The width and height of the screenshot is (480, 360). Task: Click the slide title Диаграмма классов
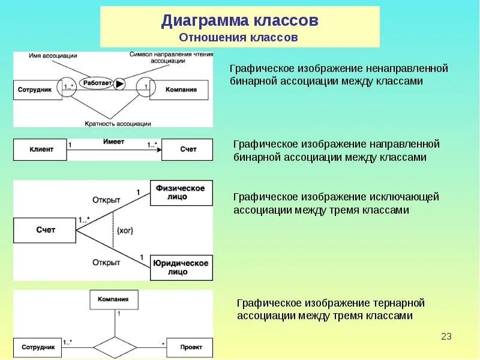(239, 22)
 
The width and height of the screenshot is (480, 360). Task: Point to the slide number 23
(446, 336)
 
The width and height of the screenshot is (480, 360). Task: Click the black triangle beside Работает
(119, 84)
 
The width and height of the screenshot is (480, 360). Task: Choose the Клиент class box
(40, 149)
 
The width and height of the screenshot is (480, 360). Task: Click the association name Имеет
(113, 141)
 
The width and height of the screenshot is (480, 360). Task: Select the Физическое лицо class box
(180, 193)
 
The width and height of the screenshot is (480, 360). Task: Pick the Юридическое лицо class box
(180, 267)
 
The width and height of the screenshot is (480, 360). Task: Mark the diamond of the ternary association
(115, 347)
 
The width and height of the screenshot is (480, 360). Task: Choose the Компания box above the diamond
(113, 299)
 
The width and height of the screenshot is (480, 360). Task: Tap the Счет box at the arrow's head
(187, 149)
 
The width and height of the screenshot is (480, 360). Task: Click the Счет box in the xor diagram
(45, 230)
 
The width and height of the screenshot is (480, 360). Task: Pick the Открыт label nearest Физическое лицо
(106, 199)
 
